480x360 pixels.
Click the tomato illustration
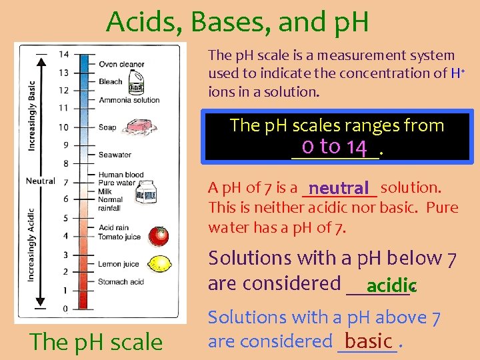point(159,235)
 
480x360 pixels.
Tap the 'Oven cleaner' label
point(121,65)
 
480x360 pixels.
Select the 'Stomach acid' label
point(121,282)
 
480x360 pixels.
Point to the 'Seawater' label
point(115,155)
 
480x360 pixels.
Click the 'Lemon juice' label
point(119,265)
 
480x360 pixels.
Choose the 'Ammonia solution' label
point(129,100)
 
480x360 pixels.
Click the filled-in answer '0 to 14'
point(335,147)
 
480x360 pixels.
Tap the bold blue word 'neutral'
point(339,189)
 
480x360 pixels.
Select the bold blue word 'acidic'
point(391,286)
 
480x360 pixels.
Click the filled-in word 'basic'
point(368,341)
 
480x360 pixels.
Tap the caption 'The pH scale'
point(96,342)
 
